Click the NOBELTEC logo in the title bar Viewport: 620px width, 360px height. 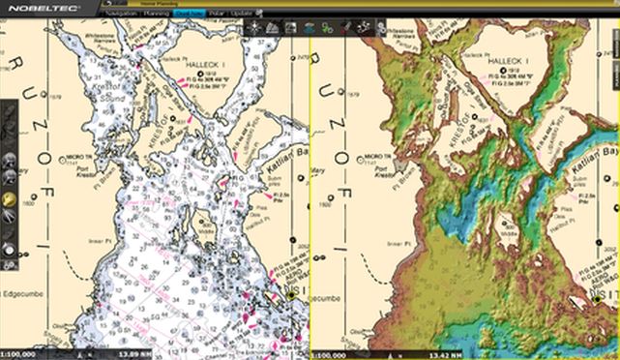click(36, 6)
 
